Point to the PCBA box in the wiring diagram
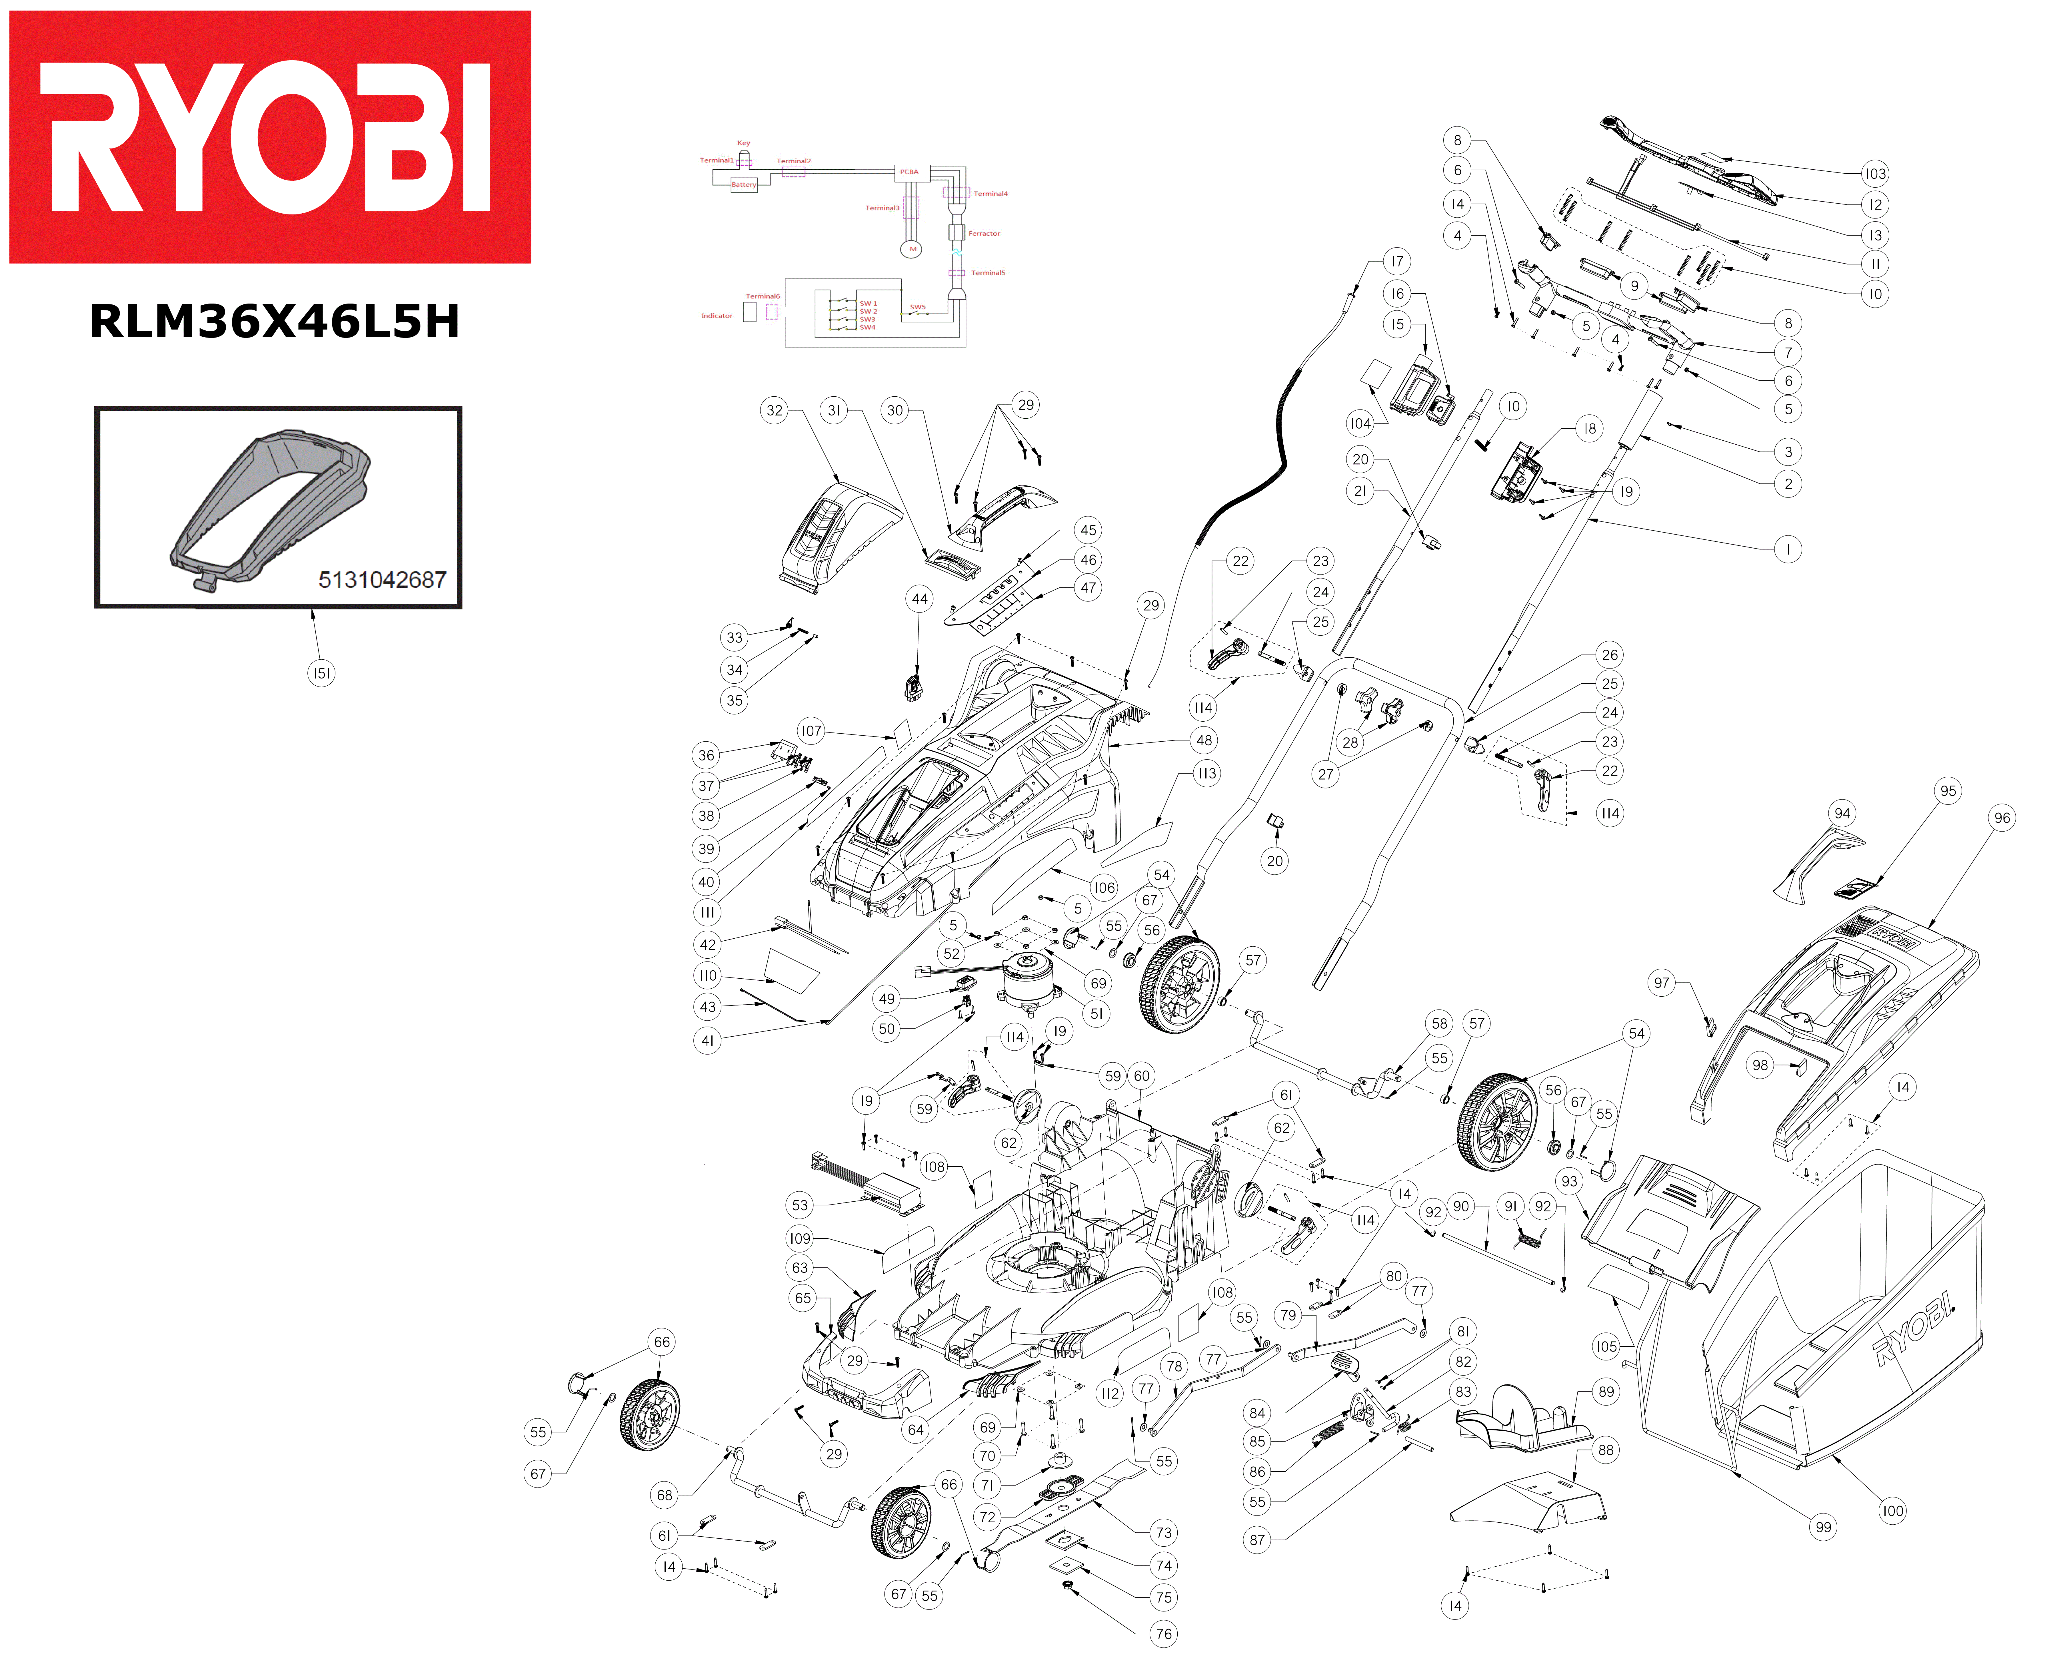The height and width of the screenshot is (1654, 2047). click(x=909, y=172)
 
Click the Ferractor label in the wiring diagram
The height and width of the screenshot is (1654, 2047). click(x=983, y=233)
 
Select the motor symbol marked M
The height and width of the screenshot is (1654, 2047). click(x=912, y=249)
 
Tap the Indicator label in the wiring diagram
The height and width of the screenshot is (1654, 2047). click(x=717, y=315)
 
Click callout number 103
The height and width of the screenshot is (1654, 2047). click(x=1874, y=173)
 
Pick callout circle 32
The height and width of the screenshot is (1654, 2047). click(x=774, y=411)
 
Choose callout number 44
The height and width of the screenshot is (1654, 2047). click(x=919, y=598)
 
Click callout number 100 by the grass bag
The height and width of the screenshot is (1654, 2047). click(x=1892, y=1510)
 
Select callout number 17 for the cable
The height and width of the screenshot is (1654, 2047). click(x=1396, y=261)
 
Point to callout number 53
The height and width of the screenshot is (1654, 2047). click(x=800, y=1204)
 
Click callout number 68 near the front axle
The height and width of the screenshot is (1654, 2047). click(x=664, y=1495)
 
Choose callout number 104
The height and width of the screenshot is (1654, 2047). click(x=1360, y=423)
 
